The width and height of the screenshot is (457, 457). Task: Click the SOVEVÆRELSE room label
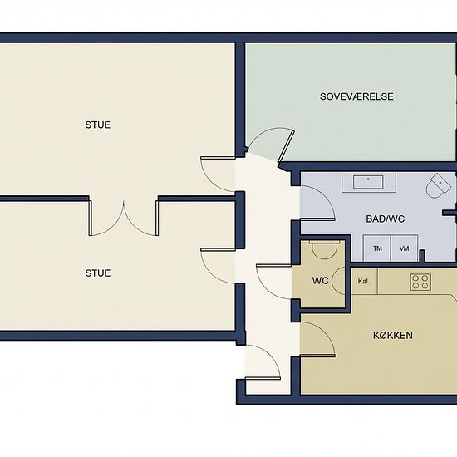point(356,96)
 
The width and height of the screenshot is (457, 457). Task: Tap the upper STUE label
point(98,125)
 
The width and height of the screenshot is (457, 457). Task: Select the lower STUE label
point(98,273)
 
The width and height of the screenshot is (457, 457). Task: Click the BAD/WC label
point(386,219)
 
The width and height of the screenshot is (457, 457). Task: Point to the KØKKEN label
point(392,336)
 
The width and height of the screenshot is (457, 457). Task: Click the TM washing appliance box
point(377,248)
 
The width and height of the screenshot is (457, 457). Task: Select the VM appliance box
point(405,248)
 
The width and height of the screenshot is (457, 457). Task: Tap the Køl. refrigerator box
point(364,281)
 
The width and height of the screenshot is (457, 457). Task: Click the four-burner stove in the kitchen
point(420,283)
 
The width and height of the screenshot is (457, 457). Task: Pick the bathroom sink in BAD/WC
point(368,182)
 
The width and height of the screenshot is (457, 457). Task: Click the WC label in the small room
point(320,281)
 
